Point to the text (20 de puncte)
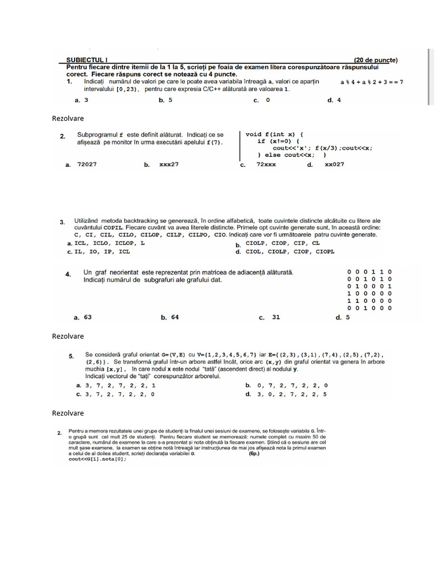[x=376, y=60]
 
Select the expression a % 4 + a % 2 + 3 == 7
[x=372, y=82]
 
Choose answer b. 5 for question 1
[x=166, y=100]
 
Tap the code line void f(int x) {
[x=275, y=134]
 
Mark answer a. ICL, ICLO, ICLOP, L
[x=106, y=243]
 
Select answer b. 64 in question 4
[x=170, y=317]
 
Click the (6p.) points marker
[x=254, y=454]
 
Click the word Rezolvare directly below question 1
[x=68, y=118]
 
